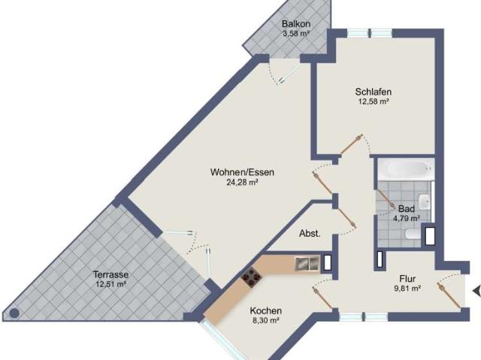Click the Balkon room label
coord(296,23)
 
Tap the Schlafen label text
coord(374,92)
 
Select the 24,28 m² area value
coord(242,183)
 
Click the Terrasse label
coord(110,274)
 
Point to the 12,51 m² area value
coord(110,284)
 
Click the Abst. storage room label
coord(310,234)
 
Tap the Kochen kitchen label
coord(265,310)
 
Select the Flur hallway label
coord(407,279)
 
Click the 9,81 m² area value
coord(407,289)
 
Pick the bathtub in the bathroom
coord(406,169)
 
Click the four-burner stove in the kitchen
coord(252,277)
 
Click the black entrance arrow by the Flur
coord(476,291)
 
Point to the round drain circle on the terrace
coord(14,313)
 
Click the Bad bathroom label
coord(407,209)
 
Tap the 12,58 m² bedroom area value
coord(374,101)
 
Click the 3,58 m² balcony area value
coord(296,33)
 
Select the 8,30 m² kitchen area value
coord(265,320)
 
